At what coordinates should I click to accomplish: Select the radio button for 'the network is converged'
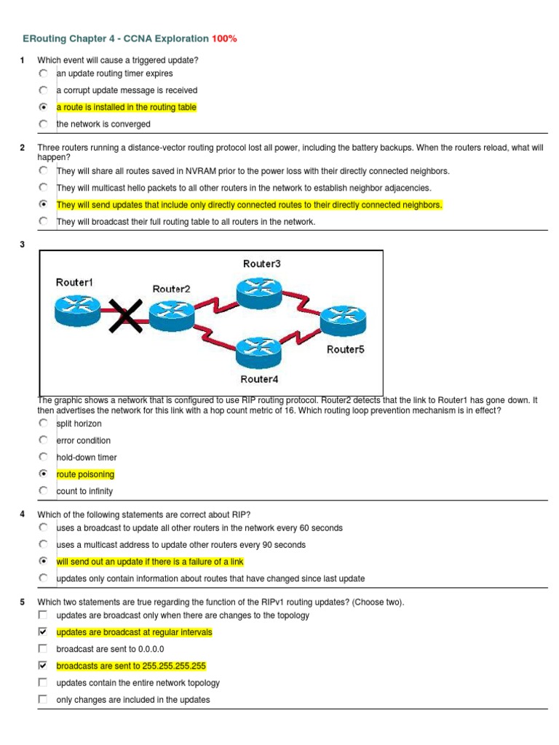click(44, 124)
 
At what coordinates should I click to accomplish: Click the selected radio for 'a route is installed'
click(44, 107)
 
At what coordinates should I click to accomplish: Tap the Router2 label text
click(172, 289)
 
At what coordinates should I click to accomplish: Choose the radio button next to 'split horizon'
click(44, 423)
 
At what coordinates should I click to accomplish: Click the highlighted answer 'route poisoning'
click(85, 474)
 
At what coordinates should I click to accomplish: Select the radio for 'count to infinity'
click(44, 491)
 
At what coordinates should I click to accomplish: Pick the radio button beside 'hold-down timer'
click(44, 458)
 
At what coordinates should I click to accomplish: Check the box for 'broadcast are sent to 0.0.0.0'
click(43, 649)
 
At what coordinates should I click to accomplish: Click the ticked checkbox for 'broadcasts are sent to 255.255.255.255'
click(43, 666)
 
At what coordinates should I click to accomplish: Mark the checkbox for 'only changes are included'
click(43, 700)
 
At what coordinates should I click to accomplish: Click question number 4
click(23, 514)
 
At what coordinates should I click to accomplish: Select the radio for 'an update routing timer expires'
click(44, 73)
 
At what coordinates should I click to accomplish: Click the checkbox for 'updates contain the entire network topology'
click(43, 683)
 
